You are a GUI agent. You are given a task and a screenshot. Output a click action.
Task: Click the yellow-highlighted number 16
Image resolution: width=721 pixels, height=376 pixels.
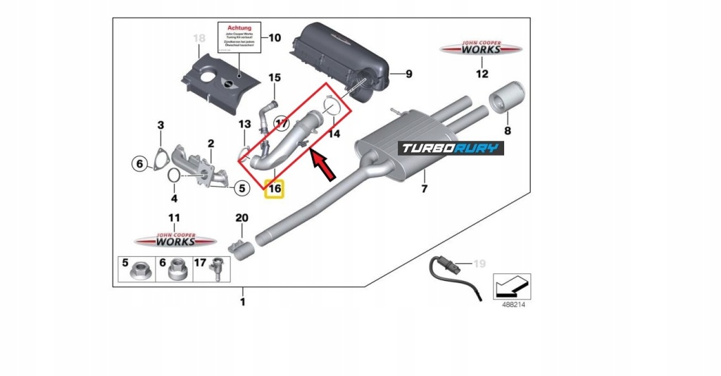[274, 189]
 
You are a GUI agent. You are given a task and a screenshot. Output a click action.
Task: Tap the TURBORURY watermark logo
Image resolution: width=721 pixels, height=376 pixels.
[451, 148]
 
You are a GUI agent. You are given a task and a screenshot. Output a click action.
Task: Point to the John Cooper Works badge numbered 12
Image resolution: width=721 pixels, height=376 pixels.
[482, 49]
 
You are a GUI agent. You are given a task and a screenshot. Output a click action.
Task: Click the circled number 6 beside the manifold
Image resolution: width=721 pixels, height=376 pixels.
[139, 164]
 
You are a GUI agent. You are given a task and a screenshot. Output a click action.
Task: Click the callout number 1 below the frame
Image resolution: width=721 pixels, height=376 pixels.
[242, 303]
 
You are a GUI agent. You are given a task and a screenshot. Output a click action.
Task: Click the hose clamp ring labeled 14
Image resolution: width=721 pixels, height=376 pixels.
[333, 107]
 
